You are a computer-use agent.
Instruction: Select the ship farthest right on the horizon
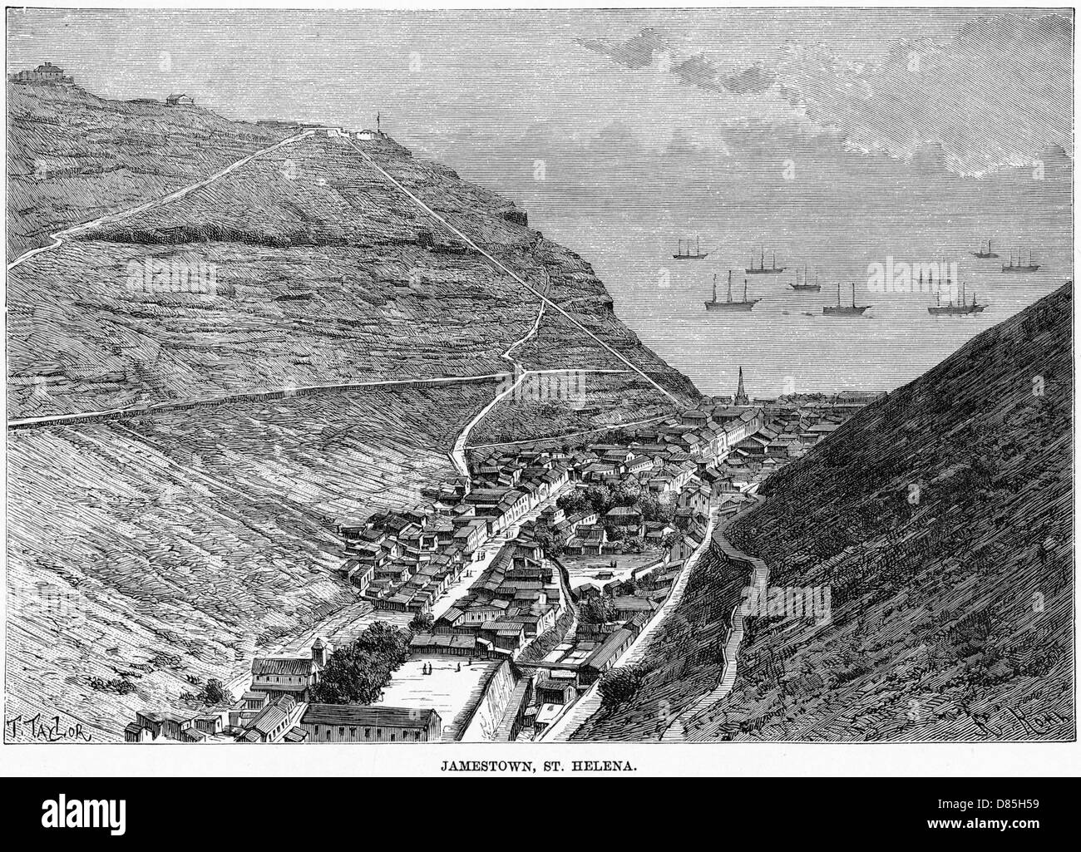pos(1021,260)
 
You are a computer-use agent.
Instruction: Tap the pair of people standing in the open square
pos(426,669)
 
